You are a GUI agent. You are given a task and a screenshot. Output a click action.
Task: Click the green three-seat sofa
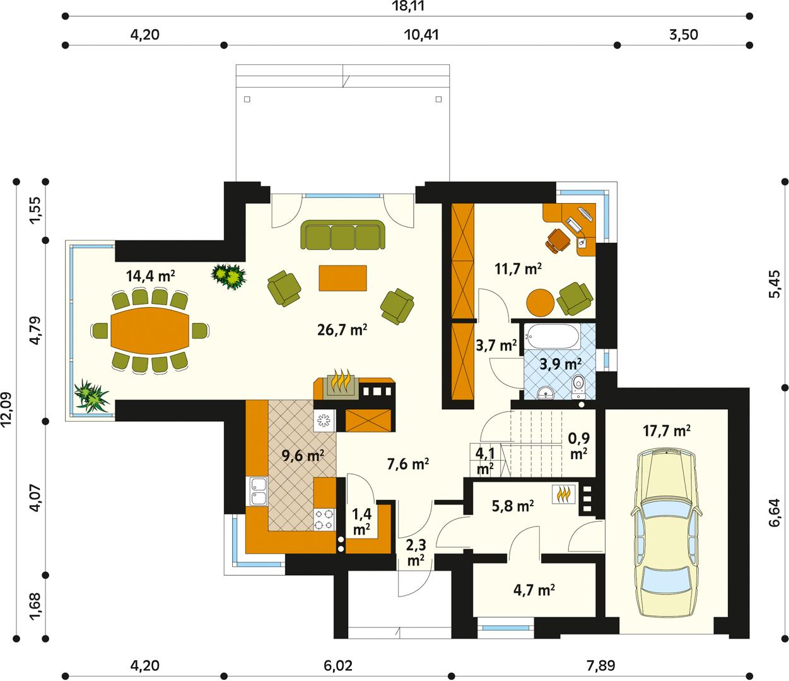coord(343,235)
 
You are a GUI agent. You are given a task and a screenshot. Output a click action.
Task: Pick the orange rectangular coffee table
coord(343,278)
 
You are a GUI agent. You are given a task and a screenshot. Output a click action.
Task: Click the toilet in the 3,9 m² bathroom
coord(578,387)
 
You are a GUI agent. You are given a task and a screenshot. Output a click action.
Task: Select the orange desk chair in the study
coord(558,240)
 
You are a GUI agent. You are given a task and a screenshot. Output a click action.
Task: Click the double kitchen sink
coord(258,492)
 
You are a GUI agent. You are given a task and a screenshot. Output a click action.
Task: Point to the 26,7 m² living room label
coord(343,329)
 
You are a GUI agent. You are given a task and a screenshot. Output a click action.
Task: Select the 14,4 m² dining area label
coord(150,276)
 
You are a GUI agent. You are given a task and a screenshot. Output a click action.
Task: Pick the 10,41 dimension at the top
coord(421,35)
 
